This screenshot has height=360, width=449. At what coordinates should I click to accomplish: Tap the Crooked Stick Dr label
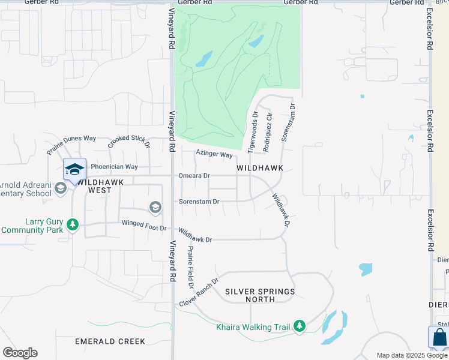pyautogui.click(x=128, y=142)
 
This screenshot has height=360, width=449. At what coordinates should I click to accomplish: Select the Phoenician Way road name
pyautogui.click(x=114, y=167)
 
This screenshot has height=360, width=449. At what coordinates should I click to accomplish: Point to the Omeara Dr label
pyautogui.click(x=194, y=176)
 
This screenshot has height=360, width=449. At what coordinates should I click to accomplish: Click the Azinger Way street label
pyautogui.click(x=214, y=155)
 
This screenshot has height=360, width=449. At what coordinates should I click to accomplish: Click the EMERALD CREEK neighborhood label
pyautogui.click(x=110, y=341)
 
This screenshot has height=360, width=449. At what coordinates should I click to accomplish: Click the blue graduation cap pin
pyautogui.click(x=74, y=170)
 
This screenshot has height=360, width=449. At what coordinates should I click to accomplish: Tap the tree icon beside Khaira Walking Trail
pyautogui.click(x=300, y=327)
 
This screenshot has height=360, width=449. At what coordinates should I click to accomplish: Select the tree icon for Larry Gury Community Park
pyautogui.click(x=73, y=225)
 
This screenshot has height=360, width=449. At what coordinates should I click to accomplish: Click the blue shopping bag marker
pyautogui.click(x=439, y=338)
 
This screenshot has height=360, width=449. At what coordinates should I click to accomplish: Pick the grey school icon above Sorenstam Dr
pyautogui.click(x=155, y=208)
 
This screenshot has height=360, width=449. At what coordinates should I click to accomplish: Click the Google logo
pyautogui.click(x=20, y=353)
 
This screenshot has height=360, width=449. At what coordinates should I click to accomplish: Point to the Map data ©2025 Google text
pyautogui.click(x=411, y=355)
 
